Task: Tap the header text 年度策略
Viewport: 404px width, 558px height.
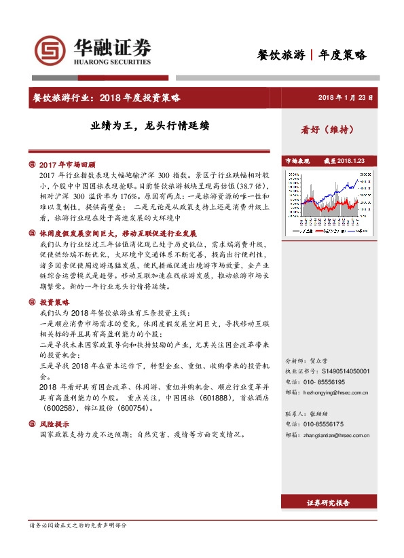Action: click(342, 55)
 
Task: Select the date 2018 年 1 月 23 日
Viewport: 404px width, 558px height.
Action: click(346, 98)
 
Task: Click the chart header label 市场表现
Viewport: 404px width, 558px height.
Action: click(297, 161)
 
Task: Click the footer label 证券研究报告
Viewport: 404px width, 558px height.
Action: click(329, 503)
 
